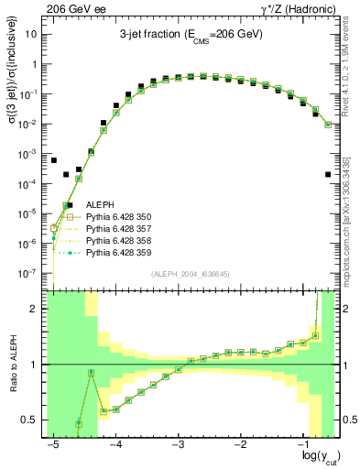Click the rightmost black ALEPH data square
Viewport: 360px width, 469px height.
tap(328, 174)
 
